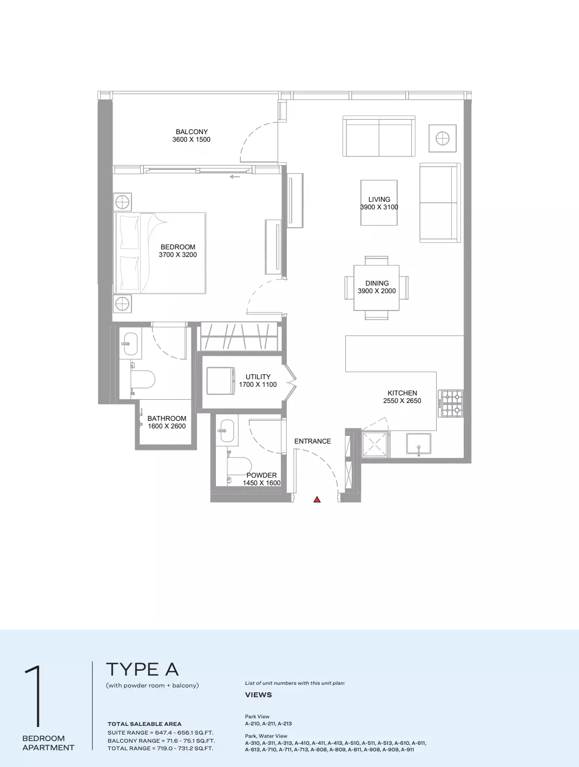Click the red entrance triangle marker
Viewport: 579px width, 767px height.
point(317,499)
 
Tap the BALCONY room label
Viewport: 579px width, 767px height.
point(192,132)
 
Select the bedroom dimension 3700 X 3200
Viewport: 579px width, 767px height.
point(178,255)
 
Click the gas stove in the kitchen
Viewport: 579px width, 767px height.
point(452,404)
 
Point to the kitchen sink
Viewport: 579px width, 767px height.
point(419,444)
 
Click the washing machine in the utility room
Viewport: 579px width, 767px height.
point(220,381)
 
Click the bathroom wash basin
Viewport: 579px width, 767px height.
point(130,343)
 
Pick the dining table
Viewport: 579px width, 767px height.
point(376,288)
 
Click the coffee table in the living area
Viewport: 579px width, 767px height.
point(379,203)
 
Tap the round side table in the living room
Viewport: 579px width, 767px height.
point(443,138)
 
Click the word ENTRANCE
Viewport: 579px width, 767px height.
point(312,441)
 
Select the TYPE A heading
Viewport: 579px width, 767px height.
point(142,670)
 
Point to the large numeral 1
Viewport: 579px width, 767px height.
point(34,696)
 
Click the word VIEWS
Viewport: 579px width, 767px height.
point(258,695)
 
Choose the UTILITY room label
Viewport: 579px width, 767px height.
point(258,376)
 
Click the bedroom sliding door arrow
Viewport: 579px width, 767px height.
point(235,176)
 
